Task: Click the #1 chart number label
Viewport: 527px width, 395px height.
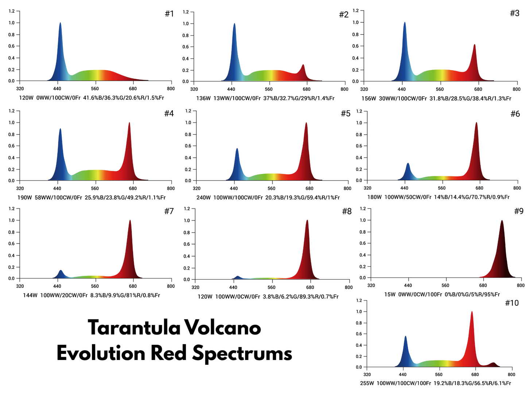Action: tap(169, 14)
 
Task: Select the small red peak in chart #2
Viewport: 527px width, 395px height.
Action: tap(303, 66)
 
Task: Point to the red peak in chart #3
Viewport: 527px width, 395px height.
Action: tap(474, 46)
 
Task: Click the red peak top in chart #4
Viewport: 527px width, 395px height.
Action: tap(129, 124)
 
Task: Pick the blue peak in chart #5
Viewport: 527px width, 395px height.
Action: tap(237, 149)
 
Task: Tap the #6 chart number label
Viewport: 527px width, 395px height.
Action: tap(515, 114)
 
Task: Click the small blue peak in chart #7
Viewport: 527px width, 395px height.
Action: tap(61, 271)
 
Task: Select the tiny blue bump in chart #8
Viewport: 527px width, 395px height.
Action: tap(237, 277)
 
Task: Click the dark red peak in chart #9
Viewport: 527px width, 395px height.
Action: tap(502, 222)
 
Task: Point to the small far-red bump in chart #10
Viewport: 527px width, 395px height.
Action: tap(493, 363)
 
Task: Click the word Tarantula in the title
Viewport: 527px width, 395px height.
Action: tap(134, 328)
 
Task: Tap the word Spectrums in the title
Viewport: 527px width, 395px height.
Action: tap(242, 353)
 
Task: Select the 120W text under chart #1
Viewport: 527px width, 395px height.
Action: tap(26, 98)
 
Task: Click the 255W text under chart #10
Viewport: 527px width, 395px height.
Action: tap(367, 383)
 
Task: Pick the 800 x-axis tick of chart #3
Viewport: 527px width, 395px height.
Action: tap(516, 89)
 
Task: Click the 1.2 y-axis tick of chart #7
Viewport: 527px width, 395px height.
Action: tap(11, 209)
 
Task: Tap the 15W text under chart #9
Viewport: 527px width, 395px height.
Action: tap(390, 294)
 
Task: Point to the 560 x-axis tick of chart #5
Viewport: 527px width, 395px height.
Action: tap(271, 188)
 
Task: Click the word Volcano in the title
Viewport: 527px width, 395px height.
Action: tap(222, 328)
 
